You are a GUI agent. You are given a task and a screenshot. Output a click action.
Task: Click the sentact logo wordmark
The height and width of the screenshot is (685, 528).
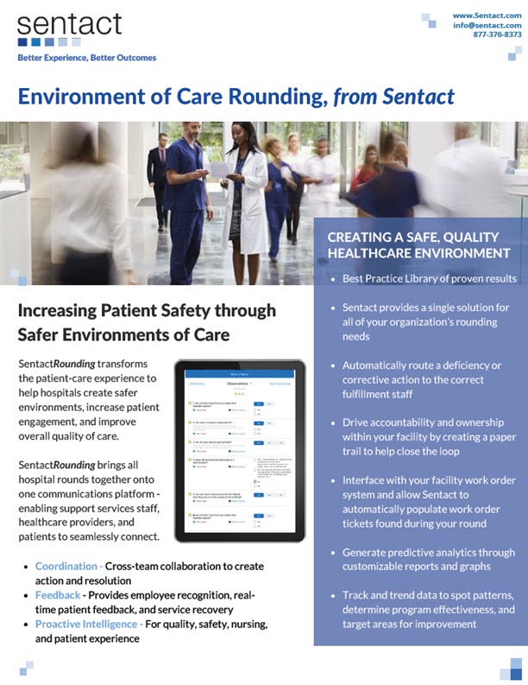(x=69, y=23)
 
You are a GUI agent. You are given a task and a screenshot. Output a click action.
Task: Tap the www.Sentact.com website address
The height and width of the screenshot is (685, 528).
(x=487, y=15)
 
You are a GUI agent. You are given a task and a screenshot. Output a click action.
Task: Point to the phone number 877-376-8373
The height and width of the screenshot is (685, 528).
(x=499, y=35)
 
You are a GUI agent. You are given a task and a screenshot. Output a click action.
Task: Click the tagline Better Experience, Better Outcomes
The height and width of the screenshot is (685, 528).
(x=86, y=58)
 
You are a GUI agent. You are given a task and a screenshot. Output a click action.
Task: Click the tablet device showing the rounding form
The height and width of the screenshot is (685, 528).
(x=239, y=447)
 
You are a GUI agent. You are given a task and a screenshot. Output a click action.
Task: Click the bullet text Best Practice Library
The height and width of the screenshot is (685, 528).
(x=429, y=278)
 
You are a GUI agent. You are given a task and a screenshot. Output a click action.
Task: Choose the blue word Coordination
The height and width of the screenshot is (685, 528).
(x=68, y=567)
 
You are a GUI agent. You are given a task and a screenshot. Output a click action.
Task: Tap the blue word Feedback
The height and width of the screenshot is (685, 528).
(x=59, y=596)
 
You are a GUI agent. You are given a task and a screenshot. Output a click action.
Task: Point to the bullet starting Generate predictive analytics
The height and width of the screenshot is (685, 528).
(x=428, y=559)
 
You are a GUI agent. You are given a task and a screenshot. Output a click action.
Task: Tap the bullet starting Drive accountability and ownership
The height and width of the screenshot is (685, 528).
(x=428, y=437)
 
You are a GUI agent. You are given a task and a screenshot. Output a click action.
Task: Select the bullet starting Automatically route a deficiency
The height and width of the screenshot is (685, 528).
(x=428, y=378)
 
